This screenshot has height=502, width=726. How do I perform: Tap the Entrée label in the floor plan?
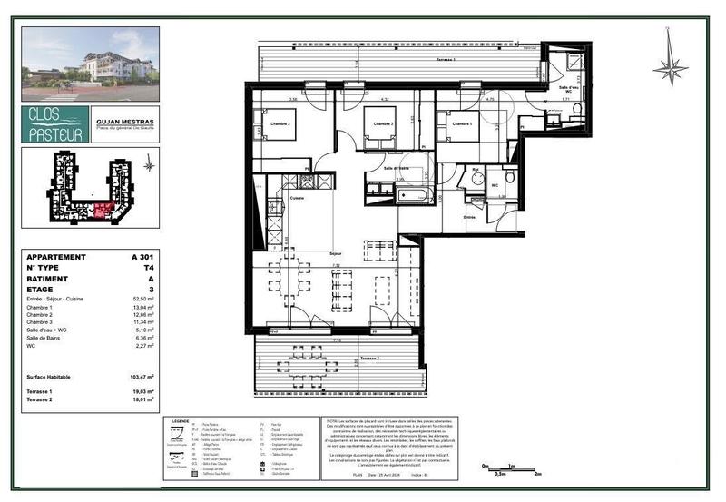[x=470, y=217]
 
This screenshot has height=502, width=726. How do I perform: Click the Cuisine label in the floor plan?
[x=297, y=197]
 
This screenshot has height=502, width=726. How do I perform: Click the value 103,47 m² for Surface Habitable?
[x=142, y=376]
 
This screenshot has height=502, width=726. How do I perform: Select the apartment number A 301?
[x=142, y=257]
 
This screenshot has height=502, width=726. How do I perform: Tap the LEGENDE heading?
[x=179, y=421]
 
